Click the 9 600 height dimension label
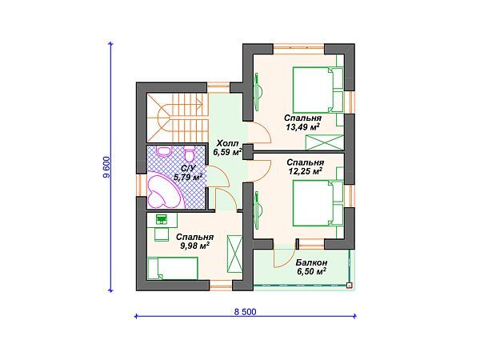(x=107, y=167)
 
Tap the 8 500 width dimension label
(x=245, y=312)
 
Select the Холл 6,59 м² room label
(x=228, y=148)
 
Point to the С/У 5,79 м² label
(x=188, y=173)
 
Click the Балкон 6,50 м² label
(x=311, y=266)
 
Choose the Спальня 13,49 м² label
(x=302, y=122)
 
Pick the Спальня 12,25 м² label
(x=306, y=167)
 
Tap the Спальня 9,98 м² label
(x=194, y=242)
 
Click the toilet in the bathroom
(x=189, y=154)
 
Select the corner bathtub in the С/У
(x=163, y=189)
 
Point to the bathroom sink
(x=164, y=150)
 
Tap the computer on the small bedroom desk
(x=161, y=219)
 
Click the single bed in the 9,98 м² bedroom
(x=173, y=268)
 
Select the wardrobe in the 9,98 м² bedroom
(x=234, y=254)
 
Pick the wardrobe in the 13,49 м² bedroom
(x=325, y=142)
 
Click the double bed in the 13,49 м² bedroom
(x=318, y=90)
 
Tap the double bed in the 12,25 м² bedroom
(x=318, y=203)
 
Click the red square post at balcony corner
(x=349, y=286)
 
